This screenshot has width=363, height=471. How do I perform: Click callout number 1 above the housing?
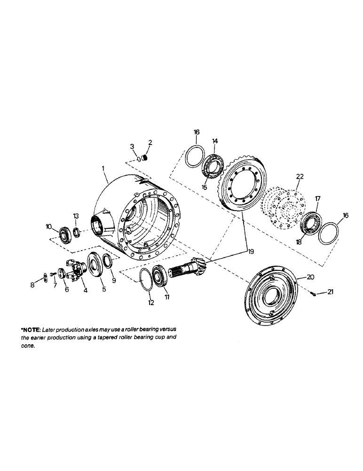(103, 168)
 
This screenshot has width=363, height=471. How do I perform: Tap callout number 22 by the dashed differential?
(300, 177)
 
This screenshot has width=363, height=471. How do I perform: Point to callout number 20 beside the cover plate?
(310, 276)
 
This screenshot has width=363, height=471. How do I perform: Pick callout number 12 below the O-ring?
(151, 303)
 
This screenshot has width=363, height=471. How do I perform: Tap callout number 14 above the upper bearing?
(215, 141)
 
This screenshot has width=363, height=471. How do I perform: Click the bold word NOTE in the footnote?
(32, 329)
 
